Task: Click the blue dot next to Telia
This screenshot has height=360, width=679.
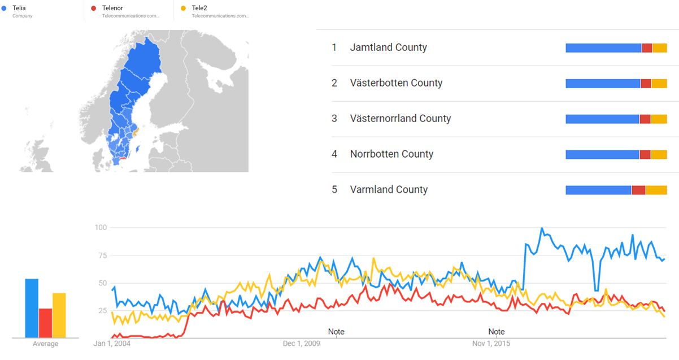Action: [x=5, y=8]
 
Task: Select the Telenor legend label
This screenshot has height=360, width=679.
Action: [x=112, y=8]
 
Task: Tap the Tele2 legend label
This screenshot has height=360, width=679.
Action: [x=199, y=8]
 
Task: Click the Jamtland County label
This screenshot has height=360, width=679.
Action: [x=388, y=47]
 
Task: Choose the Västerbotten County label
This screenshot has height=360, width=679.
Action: [x=396, y=83]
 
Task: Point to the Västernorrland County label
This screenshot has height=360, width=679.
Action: [x=400, y=119]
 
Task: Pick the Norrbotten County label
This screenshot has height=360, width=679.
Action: [x=391, y=154]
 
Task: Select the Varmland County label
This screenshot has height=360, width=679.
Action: [x=389, y=190]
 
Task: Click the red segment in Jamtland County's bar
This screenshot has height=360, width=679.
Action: [x=647, y=48]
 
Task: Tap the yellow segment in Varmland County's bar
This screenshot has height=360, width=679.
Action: [x=656, y=190]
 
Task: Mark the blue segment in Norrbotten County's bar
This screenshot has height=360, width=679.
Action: [x=602, y=155]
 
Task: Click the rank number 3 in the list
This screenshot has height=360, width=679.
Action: [x=334, y=119]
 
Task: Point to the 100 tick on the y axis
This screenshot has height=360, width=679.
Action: [x=101, y=228]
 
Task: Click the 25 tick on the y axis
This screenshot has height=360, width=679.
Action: [x=102, y=311]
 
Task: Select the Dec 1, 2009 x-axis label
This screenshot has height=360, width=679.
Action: [x=302, y=343]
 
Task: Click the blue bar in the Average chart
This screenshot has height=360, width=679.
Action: [x=32, y=308]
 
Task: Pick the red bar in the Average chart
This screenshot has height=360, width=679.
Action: [x=45, y=323]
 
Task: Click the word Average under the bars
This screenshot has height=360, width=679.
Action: [x=45, y=344]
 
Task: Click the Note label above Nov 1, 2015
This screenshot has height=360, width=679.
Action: [x=497, y=332]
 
